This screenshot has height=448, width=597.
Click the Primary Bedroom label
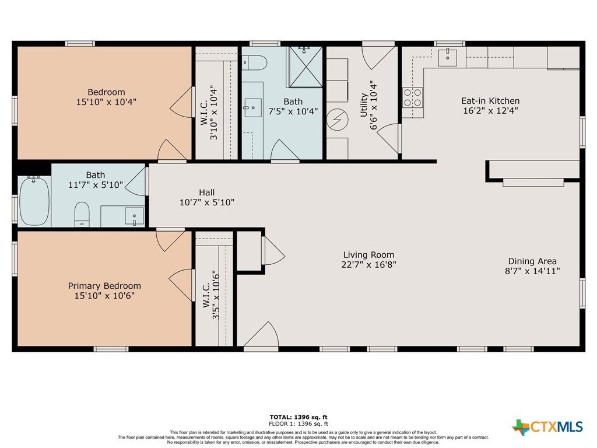pos(104,286)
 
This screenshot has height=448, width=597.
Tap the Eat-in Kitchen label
pos(490,100)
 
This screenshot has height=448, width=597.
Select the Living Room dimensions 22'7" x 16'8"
pos(368,264)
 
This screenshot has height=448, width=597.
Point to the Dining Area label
pos(532,261)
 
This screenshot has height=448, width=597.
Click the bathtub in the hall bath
pos(34,201)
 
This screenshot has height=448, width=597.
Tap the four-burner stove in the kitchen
pos(413,97)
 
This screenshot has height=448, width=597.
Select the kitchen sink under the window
pos(447,57)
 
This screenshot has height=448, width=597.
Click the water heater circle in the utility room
pos(338,120)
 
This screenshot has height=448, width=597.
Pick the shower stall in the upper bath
pos(305,67)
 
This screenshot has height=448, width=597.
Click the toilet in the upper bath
pos(255,62)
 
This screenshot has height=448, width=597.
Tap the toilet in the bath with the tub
pos(82,214)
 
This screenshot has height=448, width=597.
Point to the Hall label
pos(207,192)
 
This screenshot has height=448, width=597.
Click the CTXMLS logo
pos(547,426)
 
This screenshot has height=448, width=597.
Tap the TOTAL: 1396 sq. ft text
pos(298,417)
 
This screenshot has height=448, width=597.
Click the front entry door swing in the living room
pos(261,334)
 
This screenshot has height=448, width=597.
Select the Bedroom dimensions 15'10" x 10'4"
pos(106,101)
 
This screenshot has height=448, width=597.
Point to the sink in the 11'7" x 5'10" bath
pos(135,216)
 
